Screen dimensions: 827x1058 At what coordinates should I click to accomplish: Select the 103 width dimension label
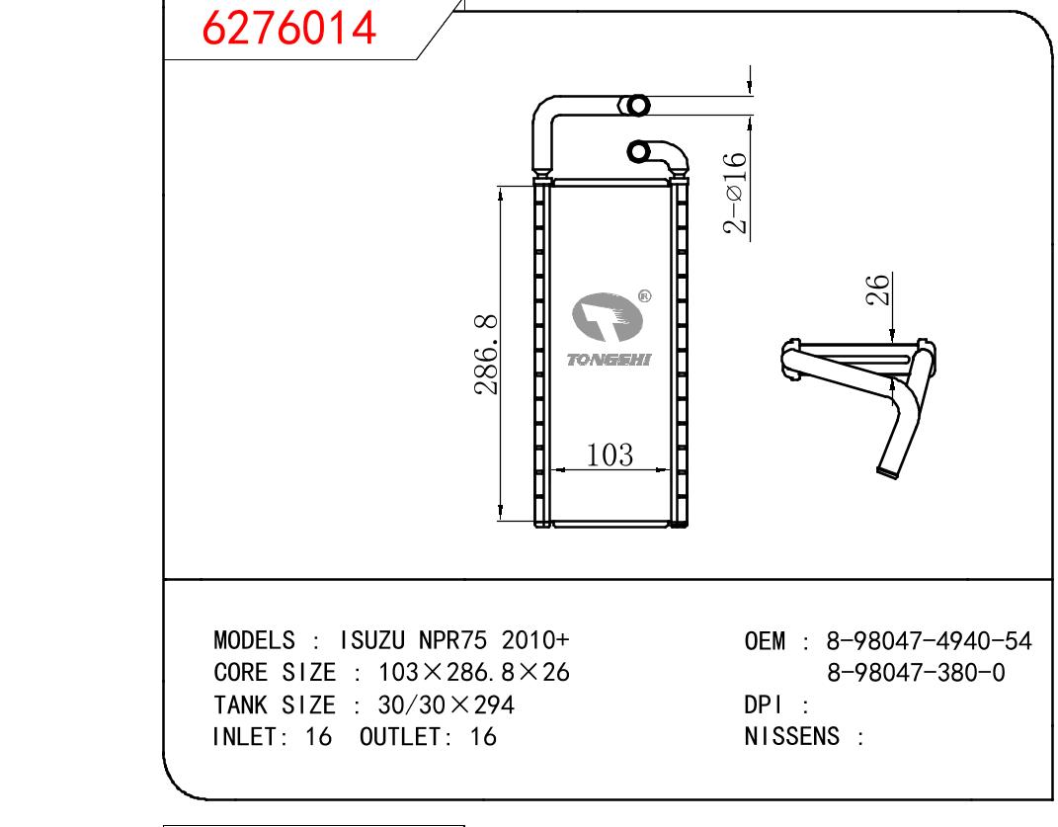[x=610, y=455]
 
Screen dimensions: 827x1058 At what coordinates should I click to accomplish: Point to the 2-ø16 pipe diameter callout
[x=736, y=194]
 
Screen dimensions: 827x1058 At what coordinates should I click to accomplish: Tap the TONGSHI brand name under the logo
[x=610, y=361]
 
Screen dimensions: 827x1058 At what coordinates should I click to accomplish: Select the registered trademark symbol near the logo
[x=644, y=294]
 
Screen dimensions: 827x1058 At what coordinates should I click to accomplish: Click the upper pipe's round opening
[x=638, y=104]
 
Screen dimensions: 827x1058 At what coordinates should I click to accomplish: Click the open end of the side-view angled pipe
[x=888, y=472]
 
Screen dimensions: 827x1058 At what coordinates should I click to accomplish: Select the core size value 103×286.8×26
[x=474, y=673]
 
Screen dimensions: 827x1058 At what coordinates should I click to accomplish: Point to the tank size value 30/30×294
[x=446, y=704]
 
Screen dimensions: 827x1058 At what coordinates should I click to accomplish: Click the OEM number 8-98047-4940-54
[x=922, y=641]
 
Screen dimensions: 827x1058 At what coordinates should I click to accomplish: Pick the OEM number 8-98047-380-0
[x=916, y=673]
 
